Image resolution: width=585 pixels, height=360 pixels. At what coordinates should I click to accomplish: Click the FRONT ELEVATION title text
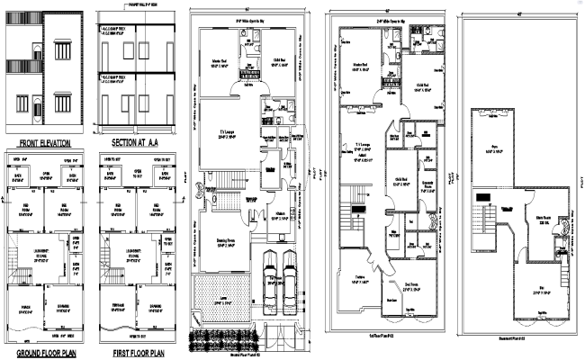point(43,142)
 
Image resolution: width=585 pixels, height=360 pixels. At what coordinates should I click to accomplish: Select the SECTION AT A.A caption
point(136,142)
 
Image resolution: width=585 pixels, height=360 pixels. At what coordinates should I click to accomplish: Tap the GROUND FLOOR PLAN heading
point(43,353)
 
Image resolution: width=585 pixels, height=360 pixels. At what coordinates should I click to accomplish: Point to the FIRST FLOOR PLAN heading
point(136,353)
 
